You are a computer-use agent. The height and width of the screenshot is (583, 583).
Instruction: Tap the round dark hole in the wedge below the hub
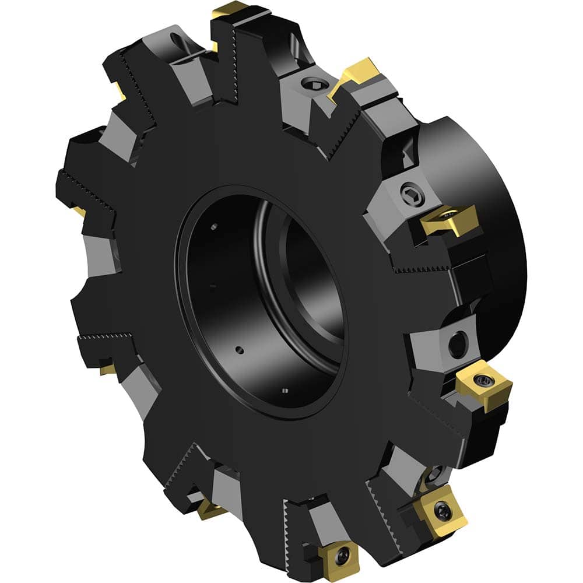point(458,345)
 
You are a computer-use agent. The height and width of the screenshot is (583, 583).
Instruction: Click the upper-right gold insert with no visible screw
point(357,75)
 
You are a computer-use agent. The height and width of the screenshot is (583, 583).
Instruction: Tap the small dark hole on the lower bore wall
point(239,350)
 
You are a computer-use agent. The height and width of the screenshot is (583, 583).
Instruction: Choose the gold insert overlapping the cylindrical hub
point(449,220)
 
